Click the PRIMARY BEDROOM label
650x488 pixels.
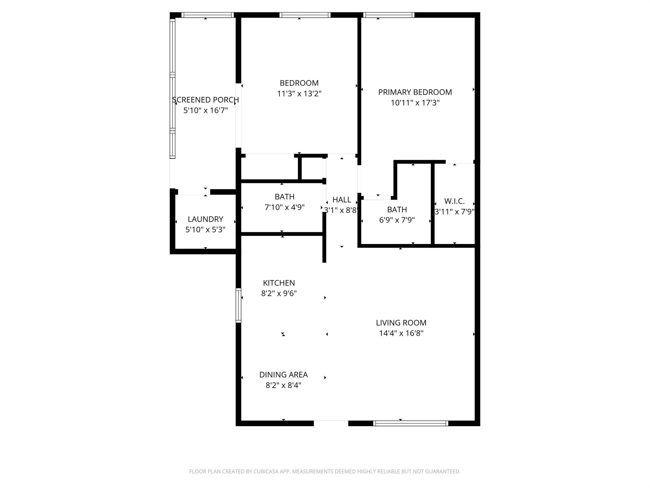tap(415, 92)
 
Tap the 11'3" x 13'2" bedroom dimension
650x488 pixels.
tap(299, 94)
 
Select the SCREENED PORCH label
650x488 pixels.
tap(205, 100)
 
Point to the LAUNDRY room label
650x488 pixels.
tap(205, 219)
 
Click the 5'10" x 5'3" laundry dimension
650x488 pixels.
tap(205, 229)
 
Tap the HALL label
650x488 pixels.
tap(342, 200)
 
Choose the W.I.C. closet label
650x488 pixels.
tap(454, 201)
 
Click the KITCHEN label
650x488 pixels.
tap(279, 283)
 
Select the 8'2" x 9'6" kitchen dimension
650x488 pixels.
tap(279, 293)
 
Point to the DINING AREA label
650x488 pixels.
tap(283, 375)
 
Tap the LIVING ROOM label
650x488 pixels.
tap(401, 323)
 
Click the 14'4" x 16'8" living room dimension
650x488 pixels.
tap(401, 333)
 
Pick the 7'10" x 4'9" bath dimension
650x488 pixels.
tap(284, 207)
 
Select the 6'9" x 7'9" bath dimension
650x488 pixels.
tap(397, 220)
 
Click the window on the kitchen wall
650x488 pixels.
tap(238, 305)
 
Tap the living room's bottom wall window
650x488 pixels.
tap(410, 423)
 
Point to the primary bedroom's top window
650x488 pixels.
tap(388, 15)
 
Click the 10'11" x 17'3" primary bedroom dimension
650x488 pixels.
tap(415, 103)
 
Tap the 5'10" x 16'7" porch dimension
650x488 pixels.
tap(205, 111)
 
